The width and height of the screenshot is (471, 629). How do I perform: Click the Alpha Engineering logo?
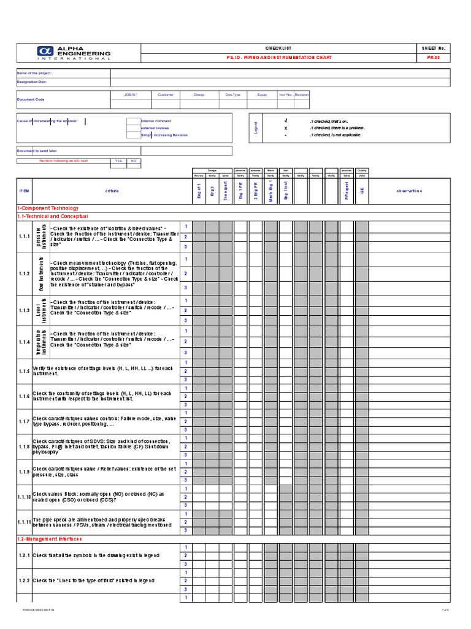(x=78, y=53)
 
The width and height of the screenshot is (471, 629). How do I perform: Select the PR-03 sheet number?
(x=433, y=57)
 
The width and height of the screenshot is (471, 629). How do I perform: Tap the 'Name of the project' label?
(x=34, y=72)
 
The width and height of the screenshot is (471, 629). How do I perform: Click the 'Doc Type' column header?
(x=233, y=95)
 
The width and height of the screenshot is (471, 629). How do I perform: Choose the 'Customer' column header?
(x=166, y=95)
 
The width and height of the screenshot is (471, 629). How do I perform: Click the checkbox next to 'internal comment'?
(x=133, y=121)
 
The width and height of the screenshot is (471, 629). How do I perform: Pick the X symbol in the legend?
(x=286, y=128)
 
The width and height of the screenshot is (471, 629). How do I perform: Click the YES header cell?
(x=118, y=161)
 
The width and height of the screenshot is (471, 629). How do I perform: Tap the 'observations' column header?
(x=409, y=191)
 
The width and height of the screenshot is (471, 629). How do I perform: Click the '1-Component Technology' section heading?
(x=48, y=209)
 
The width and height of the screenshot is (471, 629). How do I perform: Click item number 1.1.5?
(x=24, y=371)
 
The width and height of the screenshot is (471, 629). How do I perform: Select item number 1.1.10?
(x=24, y=496)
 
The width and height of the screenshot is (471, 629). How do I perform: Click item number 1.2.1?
(x=24, y=555)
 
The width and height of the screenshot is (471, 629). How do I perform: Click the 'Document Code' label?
(x=31, y=99)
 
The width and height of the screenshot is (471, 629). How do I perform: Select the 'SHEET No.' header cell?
(x=433, y=48)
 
